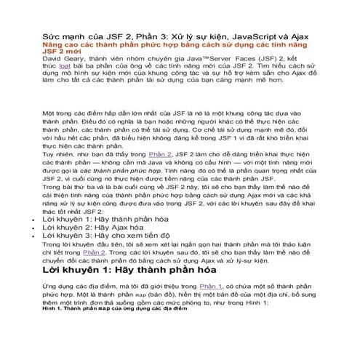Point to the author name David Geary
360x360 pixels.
pos(63,60)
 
